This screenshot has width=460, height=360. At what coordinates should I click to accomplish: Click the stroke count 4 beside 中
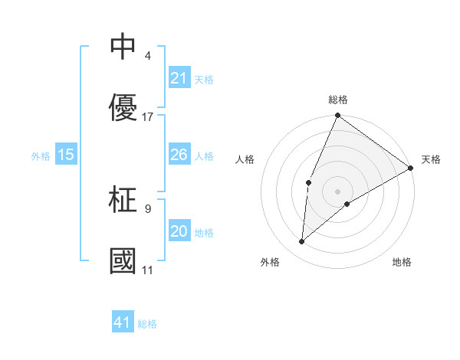[147, 55]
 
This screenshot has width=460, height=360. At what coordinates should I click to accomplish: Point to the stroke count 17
[149, 117]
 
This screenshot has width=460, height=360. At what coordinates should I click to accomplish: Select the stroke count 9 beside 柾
[147, 207]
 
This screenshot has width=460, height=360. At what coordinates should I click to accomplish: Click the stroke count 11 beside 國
[148, 270]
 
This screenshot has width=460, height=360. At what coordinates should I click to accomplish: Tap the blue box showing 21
[179, 78]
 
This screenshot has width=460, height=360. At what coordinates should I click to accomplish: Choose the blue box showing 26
[179, 155]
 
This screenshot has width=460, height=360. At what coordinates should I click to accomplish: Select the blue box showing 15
[66, 155]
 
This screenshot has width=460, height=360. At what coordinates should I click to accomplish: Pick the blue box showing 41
[123, 322]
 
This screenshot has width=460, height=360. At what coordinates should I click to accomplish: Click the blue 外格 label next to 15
[41, 155]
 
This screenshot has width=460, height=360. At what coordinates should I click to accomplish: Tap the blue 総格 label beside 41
[147, 323]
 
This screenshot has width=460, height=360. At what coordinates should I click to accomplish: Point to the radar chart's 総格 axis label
[338, 100]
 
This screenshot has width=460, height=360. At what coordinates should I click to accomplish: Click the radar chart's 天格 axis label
[431, 159]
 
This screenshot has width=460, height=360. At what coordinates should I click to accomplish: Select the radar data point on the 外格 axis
[302, 242]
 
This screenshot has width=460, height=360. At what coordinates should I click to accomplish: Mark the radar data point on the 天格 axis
[411, 168]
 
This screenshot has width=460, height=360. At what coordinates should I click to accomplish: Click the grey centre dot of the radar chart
[338, 191]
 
